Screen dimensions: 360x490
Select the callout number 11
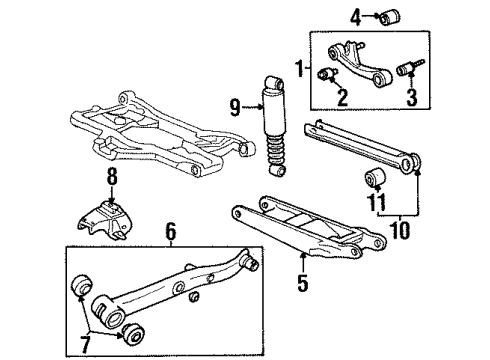[376, 203]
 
